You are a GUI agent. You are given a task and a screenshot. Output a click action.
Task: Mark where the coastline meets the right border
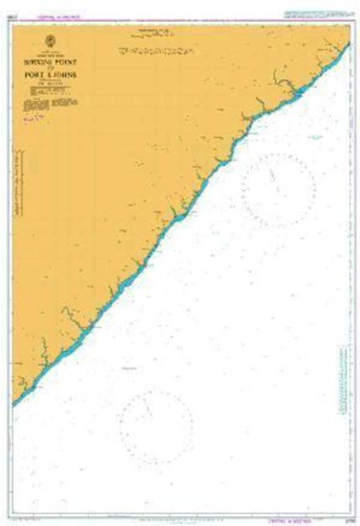348,42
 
